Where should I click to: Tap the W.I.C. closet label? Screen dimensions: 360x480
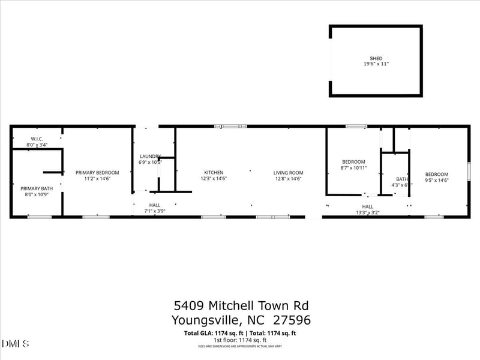pos(37,139)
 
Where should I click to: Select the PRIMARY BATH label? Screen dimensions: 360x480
pos(37,189)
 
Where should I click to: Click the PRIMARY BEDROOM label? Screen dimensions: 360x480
pos(97,173)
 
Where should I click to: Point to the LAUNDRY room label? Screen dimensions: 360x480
pos(150,157)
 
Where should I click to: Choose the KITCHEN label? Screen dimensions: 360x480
pos(213,173)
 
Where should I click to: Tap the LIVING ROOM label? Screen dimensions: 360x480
pos(288,173)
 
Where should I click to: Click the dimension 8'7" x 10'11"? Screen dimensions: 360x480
pos(353,167)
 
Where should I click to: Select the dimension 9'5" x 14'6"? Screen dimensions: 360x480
pos(437,180)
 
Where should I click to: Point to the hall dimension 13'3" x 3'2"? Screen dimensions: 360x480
pos(368,212)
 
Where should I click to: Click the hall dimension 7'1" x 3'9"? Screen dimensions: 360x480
pos(155,211)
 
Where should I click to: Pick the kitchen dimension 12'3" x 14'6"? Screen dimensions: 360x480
pos(213,178)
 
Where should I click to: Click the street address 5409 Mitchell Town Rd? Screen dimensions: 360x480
pos(241,306)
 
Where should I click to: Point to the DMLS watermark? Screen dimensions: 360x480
pos(16,344)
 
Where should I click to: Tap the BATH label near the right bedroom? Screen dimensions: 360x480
pos(401,179)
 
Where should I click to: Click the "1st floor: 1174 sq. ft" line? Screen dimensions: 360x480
pos(240,340)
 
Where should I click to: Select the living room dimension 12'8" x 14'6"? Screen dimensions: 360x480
pos(288,178)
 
